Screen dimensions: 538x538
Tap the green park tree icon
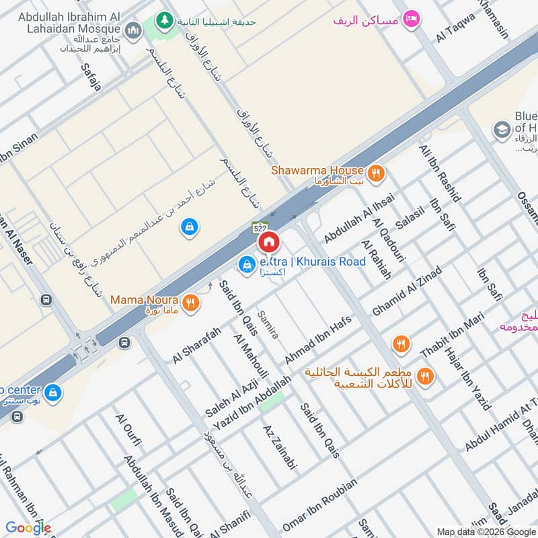163,22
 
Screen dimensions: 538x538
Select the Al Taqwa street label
455,27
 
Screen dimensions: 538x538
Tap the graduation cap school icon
501,130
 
